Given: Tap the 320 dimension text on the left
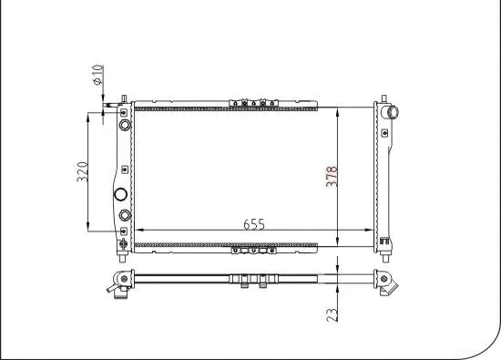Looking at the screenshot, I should [x=81, y=170].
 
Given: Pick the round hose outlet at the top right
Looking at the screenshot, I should [x=394, y=113].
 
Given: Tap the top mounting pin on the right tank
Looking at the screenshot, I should [x=383, y=96].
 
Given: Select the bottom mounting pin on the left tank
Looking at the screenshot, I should [x=124, y=243].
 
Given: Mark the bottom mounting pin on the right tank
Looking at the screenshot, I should [x=385, y=243].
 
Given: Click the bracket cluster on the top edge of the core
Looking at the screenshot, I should [x=253, y=102].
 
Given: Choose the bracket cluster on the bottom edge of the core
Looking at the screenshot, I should [x=253, y=246].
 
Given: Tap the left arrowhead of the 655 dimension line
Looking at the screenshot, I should [x=139, y=231].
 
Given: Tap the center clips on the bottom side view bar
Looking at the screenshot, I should [x=253, y=282].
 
